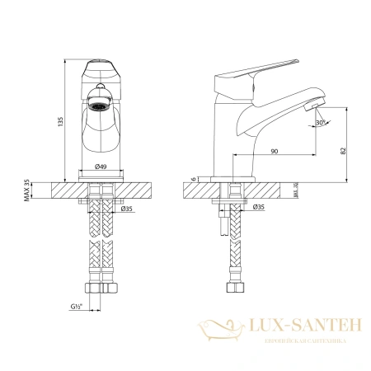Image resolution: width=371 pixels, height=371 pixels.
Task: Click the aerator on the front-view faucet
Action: pyautogui.click(x=99, y=105)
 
